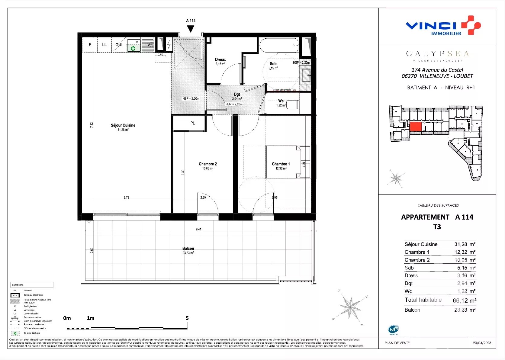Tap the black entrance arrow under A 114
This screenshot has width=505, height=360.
click(190, 29)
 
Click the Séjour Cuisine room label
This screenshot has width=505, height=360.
click(123, 125)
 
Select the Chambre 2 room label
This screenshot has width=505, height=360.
click(207, 164)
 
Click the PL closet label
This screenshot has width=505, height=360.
click(192, 123)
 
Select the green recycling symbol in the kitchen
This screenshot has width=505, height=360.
click(133, 48)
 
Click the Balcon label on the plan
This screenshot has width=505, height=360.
click(188, 248)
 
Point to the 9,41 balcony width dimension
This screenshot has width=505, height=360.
click(198, 229)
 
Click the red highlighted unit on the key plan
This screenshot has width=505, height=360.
click(416, 127)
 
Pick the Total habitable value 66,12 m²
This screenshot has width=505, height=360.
click(464, 301)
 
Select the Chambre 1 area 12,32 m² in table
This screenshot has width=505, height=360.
click(465, 252)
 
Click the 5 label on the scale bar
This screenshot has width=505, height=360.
click(187, 318)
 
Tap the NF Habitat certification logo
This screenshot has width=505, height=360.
click(393, 329)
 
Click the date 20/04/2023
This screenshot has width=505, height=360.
click(482, 343)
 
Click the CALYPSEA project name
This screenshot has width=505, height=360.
click(437, 54)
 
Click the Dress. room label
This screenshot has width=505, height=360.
click(220, 59)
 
